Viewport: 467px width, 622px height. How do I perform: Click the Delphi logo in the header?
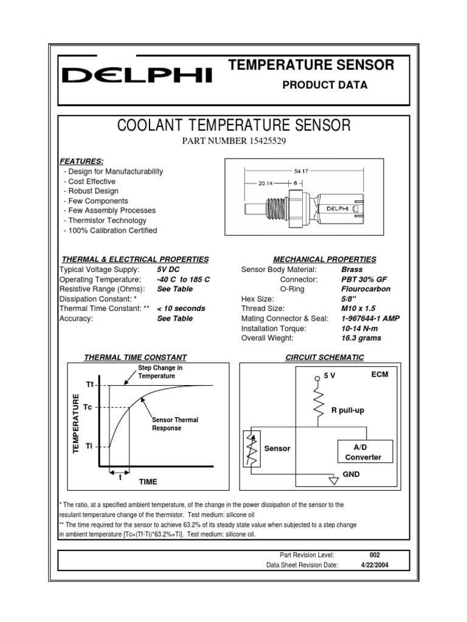point(137,75)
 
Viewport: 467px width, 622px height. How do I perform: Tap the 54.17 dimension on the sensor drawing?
point(302,171)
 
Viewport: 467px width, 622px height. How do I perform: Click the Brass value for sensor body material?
point(352,269)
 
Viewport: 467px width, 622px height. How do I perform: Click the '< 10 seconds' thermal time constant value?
point(181,309)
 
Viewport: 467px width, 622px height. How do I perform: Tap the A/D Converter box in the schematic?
point(363,452)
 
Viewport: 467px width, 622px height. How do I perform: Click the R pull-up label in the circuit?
point(347,411)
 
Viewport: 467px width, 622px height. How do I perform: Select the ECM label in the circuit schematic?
point(379,375)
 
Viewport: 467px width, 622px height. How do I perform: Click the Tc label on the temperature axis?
point(88,406)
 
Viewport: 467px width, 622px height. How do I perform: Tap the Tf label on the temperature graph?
point(89,385)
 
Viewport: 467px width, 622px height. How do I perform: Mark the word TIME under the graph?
point(148,482)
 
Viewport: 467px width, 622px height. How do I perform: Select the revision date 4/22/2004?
point(375,564)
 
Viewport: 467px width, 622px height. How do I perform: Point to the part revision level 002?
point(375,555)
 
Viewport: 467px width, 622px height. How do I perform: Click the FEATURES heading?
point(81,161)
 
